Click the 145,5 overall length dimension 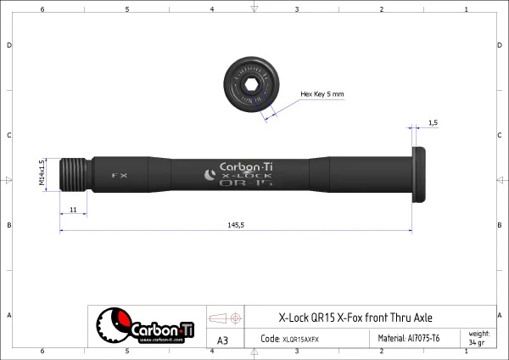(235, 225)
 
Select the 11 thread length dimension (73, 209)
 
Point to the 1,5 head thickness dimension (433, 123)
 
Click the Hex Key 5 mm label (322, 94)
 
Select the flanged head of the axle (419, 175)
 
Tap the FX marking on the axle (120, 176)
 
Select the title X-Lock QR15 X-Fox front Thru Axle (355, 318)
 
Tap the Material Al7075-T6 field (408, 338)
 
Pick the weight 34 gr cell (478, 338)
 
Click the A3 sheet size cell (223, 340)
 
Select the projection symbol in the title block (225, 318)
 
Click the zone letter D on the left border (8, 45)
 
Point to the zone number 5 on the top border (127, 8)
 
